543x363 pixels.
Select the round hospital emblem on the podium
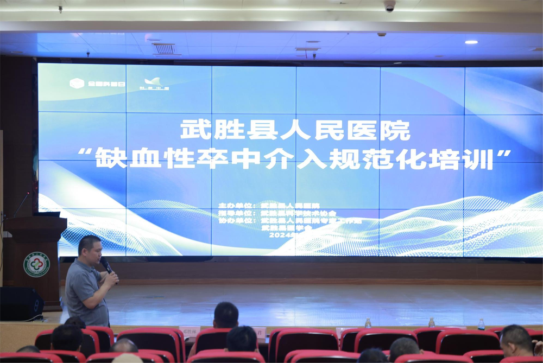click(x=36, y=264)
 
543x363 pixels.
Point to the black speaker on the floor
click(x=20, y=304)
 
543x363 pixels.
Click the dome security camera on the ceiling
click(x=389, y=6)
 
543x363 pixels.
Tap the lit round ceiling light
click(x=471, y=42)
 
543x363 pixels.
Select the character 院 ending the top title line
click(x=395, y=131)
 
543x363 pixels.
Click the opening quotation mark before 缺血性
click(x=84, y=152)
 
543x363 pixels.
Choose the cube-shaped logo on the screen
click(x=77, y=83)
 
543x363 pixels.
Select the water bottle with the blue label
click(x=481, y=324)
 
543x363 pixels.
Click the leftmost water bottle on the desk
click(x=368, y=323)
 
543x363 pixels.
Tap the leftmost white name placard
click(x=190, y=330)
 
